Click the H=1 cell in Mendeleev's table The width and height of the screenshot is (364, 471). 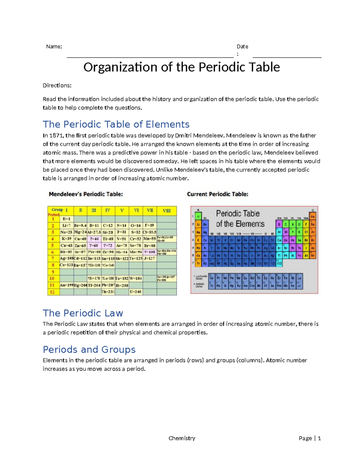point(66,219)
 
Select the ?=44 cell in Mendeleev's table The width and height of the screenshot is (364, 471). point(94,239)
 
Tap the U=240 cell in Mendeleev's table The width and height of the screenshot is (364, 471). point(136,292)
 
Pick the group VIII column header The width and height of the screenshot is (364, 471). point(167,210)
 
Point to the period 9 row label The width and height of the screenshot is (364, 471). point(53,272)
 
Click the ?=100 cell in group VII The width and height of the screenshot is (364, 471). point(150,252)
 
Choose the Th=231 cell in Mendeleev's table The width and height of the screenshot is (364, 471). point(108,292)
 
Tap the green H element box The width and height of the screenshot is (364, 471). point(198,217)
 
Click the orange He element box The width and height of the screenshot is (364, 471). point(313,217)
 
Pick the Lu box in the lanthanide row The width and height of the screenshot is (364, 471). point(299,278)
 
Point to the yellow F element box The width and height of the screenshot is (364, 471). point(306,224)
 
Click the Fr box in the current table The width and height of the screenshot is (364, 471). point(198,264)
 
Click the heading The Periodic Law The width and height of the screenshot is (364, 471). point(83,313)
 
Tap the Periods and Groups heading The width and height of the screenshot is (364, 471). point(89,349)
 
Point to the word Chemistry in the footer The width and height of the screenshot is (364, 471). point(182,438)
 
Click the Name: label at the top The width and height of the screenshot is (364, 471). point(54,46)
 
